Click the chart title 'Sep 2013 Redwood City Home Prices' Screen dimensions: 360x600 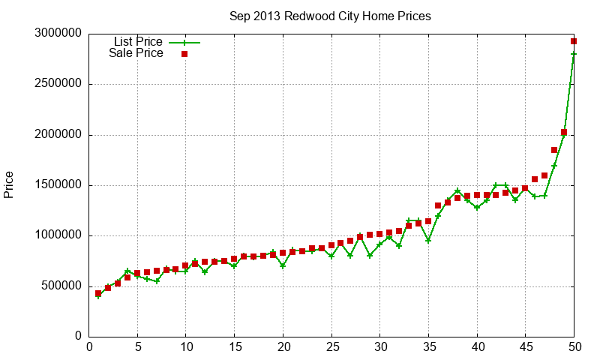pyautogui.click(x=330, y=16)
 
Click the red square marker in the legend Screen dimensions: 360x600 pyautogui.click(x=184, y=54)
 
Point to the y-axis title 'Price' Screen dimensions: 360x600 pyautogui.click(x=9, y=184)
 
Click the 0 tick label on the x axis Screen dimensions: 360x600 pyautogui.click(x=90, y=346)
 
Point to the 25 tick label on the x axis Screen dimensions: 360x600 pyautogui.click(x=331, y=346)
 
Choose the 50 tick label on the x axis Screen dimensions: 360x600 pyautogui.click(x=574, y=346)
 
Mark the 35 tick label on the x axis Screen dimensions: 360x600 pyautogui.click(x=428, y=346)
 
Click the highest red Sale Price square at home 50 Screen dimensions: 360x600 pyautogui.click(x=574, y=41)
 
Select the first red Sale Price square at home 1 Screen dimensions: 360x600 pyautogui.click(x=99, y=293)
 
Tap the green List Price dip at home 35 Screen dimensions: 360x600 pyautogui.click(x=428, y=241)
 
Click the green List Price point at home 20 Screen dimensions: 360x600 pyautogui.click(x=283, y=265)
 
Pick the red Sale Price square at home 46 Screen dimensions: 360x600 pyautogui.click(x=535, y=179)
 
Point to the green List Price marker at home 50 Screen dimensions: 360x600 pyautogui.click(x=574, y=54)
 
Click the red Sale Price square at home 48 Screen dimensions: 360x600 pyautogui.click(x=554, y=150)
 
